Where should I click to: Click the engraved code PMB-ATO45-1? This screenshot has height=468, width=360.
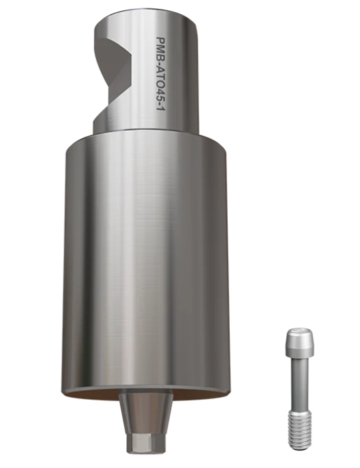pyautogui.click(x=161, y=74)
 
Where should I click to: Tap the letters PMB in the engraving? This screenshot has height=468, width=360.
pyautogui.click(x=161, y=47)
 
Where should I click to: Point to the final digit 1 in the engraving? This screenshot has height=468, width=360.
pyautogui.click(x=161, y=109)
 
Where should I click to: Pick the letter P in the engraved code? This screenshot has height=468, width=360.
pyautogui.click(x=161, y=40)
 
